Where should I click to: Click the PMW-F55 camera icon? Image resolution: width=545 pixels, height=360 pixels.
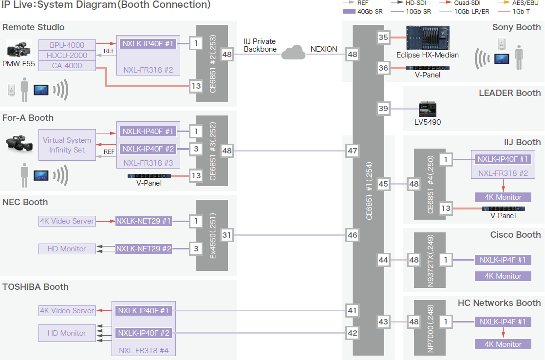[x=19, y=50]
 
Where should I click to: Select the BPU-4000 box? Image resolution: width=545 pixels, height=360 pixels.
[x=67, y=45]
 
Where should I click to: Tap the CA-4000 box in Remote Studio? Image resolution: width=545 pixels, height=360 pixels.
[x=67, y=66]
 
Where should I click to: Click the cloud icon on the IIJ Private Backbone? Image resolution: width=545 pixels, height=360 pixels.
[x=293, y=52]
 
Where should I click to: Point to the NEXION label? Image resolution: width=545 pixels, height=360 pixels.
[x=323, y=49]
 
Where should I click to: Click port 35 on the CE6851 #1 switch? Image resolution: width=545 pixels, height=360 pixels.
[x=383, y=37]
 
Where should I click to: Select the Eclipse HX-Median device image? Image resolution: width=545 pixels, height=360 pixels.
[x=428, y=38]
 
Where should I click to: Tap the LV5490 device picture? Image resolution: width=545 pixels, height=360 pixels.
[x=428, y=110]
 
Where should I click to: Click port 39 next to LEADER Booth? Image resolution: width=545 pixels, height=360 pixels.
[x=383, y=109]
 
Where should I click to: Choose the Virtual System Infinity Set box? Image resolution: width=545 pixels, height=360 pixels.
[x=67, y=145]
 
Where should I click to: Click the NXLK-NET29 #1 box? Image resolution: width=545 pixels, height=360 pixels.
[x=144, y=221]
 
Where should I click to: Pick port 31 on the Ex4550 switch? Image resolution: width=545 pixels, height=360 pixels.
[x=226, y=235]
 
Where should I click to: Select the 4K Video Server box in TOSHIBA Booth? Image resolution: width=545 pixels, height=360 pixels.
[x=67, y=311]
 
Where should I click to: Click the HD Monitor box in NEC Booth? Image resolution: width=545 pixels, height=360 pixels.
[x=67, y=249]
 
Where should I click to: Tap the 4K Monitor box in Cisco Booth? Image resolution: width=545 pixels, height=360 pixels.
[x=503, y=276]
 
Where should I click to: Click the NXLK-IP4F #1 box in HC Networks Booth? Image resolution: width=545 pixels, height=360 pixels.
[x=503, y=322]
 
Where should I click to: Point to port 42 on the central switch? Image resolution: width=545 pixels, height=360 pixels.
[x=352, y=333]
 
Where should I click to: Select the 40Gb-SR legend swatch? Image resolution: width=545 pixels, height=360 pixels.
[x=349, y=12]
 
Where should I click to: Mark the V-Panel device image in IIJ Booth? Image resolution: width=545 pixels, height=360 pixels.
[x=503, y=209]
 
